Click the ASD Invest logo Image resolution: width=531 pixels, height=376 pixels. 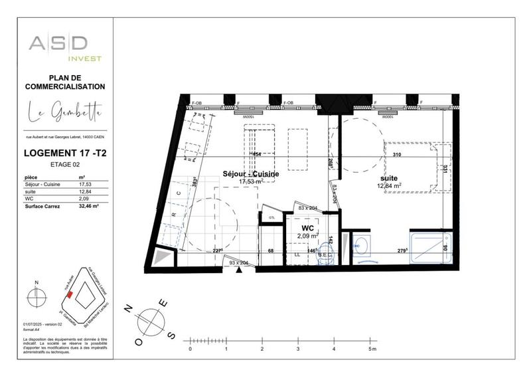point(65,48)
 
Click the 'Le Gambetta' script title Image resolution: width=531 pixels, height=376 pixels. point(65,114)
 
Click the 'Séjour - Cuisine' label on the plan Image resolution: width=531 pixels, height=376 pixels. point(250,173)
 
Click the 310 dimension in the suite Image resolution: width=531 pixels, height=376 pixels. point(397,155)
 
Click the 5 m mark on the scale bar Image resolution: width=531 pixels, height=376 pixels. point(371,349)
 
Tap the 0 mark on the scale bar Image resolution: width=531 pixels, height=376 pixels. point(190,349)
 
